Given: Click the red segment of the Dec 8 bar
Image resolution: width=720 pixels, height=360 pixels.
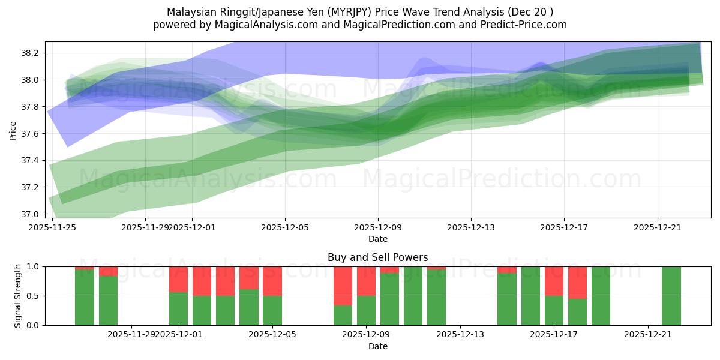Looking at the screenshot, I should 343,286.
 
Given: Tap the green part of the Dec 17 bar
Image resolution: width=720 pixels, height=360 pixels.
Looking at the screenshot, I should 554,310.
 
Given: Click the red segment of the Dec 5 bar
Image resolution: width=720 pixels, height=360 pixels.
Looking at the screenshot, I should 272,281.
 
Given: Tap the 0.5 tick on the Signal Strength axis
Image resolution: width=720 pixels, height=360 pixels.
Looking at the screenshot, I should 32,296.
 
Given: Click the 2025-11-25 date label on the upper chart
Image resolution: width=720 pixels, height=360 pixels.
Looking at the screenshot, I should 53,227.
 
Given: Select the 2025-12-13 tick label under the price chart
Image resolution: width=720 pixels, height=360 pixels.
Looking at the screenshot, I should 471,227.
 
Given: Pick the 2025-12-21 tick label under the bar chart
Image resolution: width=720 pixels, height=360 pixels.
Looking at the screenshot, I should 647,334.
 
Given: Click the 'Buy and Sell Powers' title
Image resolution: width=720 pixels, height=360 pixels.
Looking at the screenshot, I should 377,257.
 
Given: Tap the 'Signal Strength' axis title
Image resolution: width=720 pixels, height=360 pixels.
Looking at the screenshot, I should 18,296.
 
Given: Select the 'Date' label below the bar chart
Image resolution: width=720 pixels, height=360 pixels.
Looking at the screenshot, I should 377,346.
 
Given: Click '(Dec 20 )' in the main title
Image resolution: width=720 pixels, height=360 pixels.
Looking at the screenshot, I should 530,12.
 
